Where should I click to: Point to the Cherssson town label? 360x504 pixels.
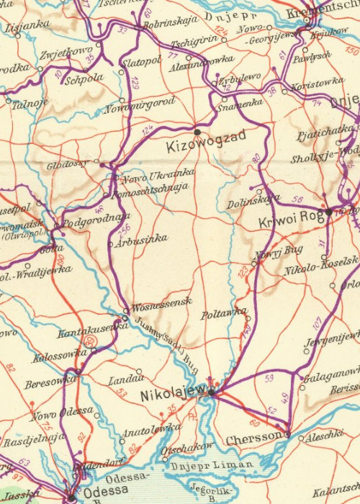click(x=253, y=438)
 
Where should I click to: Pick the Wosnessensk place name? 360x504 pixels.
click(x=161, y=302)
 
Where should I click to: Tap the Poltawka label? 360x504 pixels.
click(x=224, y=315)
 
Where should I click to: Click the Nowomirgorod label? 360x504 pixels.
click(x=140, y=104)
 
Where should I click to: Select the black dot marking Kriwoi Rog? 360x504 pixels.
click(x=328, y=212)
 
